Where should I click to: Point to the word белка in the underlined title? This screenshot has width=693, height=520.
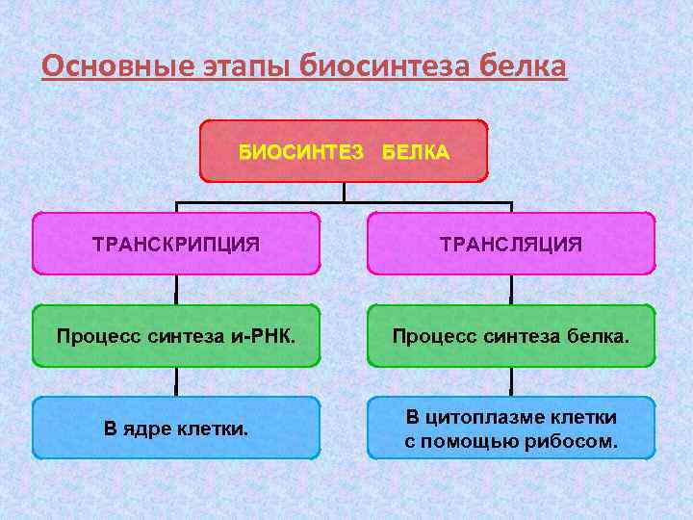[519, 67]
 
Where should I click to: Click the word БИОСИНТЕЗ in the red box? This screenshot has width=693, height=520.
[301, 151]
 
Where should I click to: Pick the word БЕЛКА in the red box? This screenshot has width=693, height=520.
[415, 151]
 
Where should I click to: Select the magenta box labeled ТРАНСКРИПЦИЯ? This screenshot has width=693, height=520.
[176, 244]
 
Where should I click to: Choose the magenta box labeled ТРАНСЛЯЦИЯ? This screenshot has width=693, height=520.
[511, 244]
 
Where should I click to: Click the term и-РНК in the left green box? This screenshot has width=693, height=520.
[262, 336]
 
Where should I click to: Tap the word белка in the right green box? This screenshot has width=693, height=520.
[601, 336]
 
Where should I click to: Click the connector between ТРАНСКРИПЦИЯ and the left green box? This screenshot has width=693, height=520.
[176, 289]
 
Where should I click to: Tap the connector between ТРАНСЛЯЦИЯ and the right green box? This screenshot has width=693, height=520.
[511, 289]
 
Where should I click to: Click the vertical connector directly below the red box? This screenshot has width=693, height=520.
[344, 192]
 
